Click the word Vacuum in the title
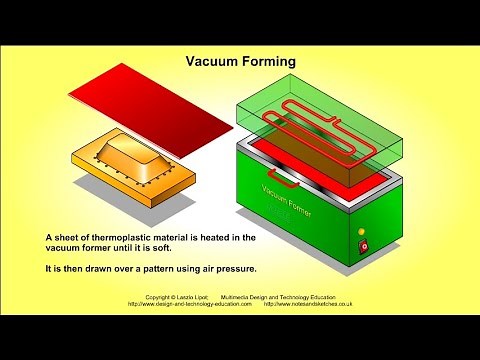coord(212,61)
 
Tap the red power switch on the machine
coord(364,246)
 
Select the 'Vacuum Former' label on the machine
coord(290,199)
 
